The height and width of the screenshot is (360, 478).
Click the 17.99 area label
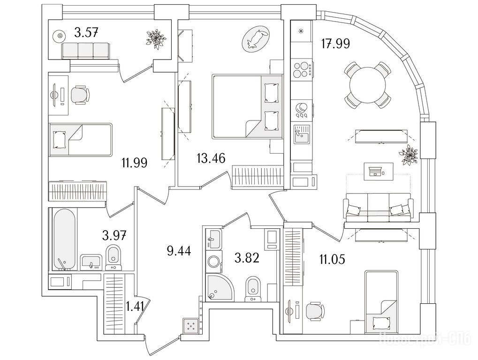click(335, 44)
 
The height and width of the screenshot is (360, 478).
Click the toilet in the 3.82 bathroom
click(252, 288)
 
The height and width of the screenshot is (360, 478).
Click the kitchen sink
click(301, 135)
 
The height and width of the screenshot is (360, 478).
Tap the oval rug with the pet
click(256, 38)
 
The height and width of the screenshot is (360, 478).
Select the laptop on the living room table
click(375, 172)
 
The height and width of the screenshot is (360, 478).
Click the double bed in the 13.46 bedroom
click(247, 106)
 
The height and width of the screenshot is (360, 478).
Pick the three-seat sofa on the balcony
click(86, 50)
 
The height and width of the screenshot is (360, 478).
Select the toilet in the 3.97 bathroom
click(113, 257)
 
